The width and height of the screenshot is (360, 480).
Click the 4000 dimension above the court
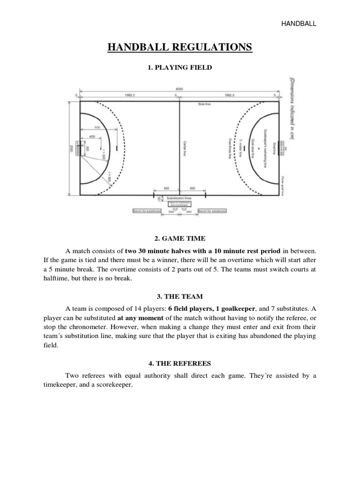coord(180,89)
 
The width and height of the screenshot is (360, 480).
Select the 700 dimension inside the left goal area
coord(97,127)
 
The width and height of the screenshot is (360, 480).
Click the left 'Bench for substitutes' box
coord(147,211)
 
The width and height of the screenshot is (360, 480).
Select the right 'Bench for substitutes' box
coord(212,211)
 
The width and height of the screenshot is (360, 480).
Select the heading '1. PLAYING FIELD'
coord(180,68)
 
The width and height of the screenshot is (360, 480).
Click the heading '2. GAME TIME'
coord(180,239)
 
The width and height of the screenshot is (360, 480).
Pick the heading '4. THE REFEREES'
coord(180,363)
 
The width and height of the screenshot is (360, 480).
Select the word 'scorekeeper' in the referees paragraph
coord(114,385)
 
